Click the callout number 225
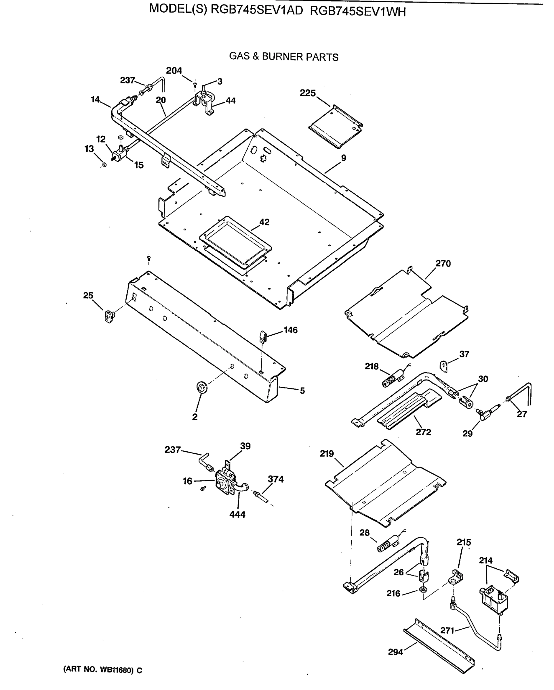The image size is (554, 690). click(308, 93)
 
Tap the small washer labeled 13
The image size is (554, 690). click(104, 165)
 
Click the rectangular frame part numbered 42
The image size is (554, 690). click(235, 240)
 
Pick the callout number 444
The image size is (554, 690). click(237, 515)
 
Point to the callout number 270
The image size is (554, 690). click(443, 264)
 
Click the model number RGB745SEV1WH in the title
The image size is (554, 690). click(358, 12)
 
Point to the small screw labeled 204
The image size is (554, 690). click(195, 85)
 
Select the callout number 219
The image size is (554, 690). click(327, 453)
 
